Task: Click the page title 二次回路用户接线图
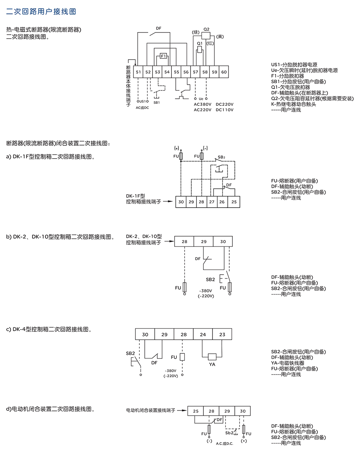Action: tap(41, 11)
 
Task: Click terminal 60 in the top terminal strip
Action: tap(224, 72)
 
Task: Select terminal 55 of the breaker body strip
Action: tap(176, 72)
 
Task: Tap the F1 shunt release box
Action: tap(164, 56)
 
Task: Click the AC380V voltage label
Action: tap(202, 104)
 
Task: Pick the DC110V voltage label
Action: tap(224, 110)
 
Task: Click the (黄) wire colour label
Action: tap(220, 36)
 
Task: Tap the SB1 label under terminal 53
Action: tap(157, 103)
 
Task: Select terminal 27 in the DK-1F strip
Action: tap(212, 202)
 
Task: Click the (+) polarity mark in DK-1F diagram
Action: tap(176, 148)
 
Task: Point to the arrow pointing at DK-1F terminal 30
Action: tap(168, 201)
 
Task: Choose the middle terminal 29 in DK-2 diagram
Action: tap(203, 241)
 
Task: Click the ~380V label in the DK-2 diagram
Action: tap(205, 291)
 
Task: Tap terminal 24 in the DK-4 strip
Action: tap(203, 335)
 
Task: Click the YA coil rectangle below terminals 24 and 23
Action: tap(212, 357)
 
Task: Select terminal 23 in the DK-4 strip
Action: tap(222, 335)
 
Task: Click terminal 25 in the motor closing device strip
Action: tap(196, 411)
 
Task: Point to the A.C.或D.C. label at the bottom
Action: tap(224, 443)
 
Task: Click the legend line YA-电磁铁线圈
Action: tap(288, 363)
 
